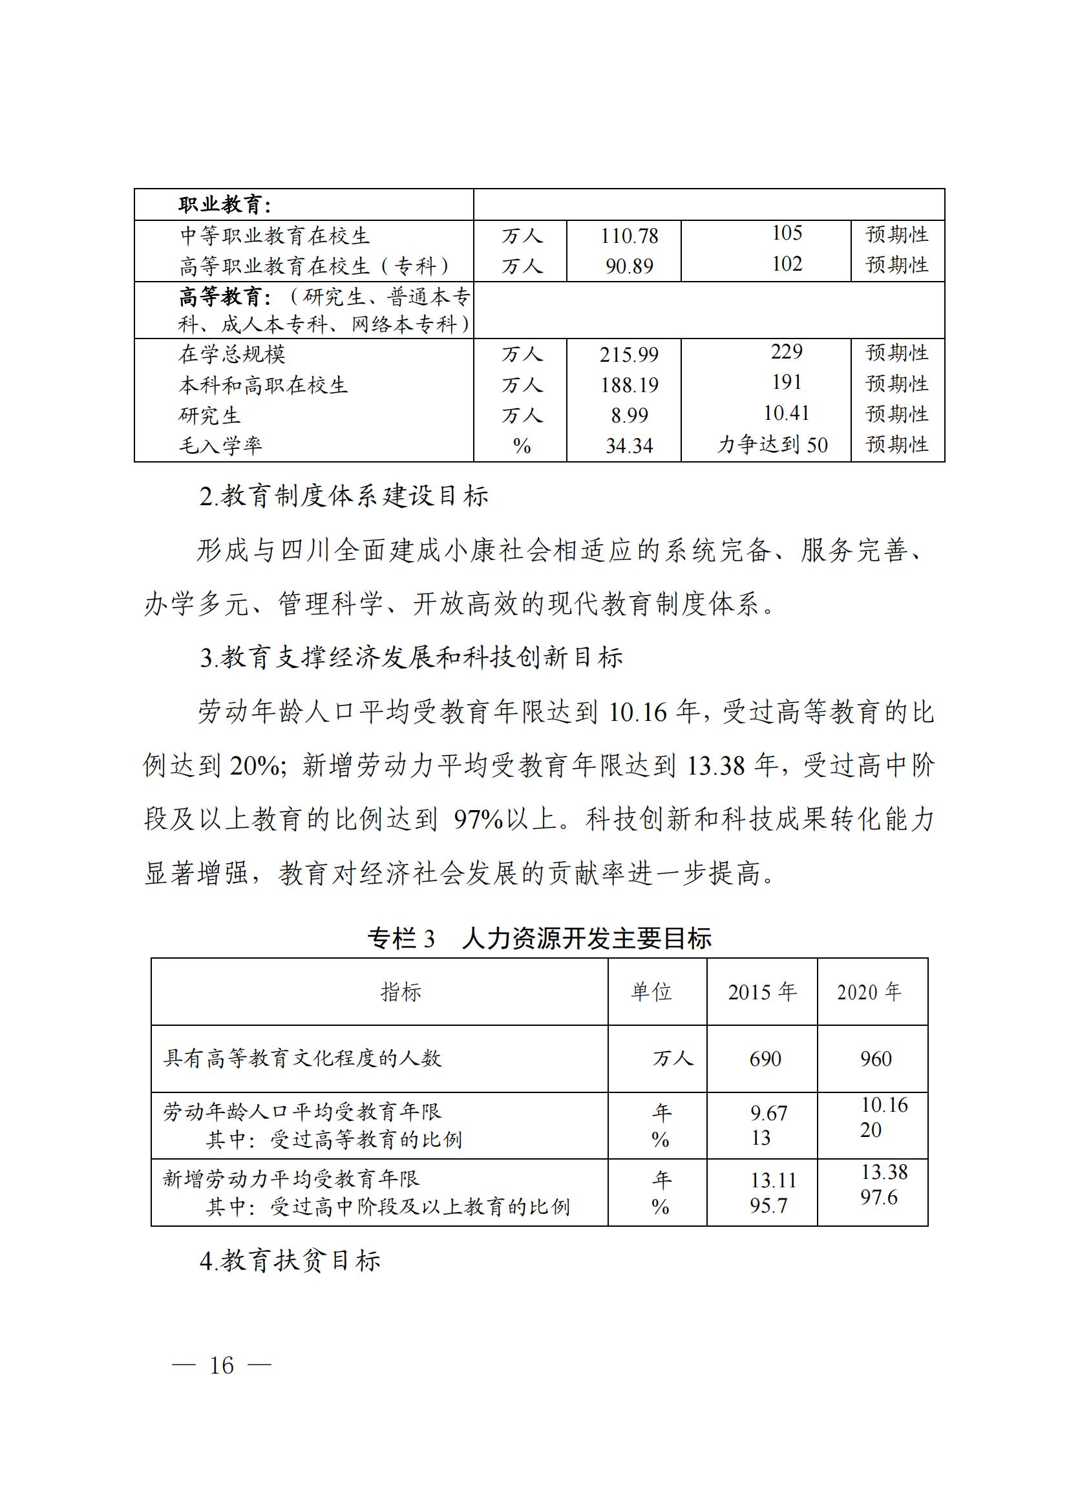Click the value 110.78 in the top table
pyautogui.click(x=629, y=236)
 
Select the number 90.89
pyautogui.click(x=629, y=267)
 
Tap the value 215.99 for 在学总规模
pyautogui.click(x=629, y=355)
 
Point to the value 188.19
pyautogui.click(x=629, y=385)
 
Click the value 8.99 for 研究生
pyautogui.click(x=629, y=415)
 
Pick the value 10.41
pyautogui.click(x=787, y=413)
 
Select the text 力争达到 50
pyautogui.click(x=772, y=445)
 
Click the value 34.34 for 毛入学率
pyautogui.click(x=629, y=446)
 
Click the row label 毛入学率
pyautogui.click(x=220, y=446)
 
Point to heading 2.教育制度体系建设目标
pyautogui.click(x=344, y=496)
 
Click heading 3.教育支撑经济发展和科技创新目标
pyautogui.click(x=412, y=658)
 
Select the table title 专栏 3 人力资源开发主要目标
pyautogui.click(x=539, y=939)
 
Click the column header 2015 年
pyautogui.click(x=761, y=992)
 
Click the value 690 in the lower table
pyautogui.click(x=765, y=1059)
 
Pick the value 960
pyautogui.click(x=876, y=1059)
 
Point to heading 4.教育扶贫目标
pyautogui.click(x=290, y=1261)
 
